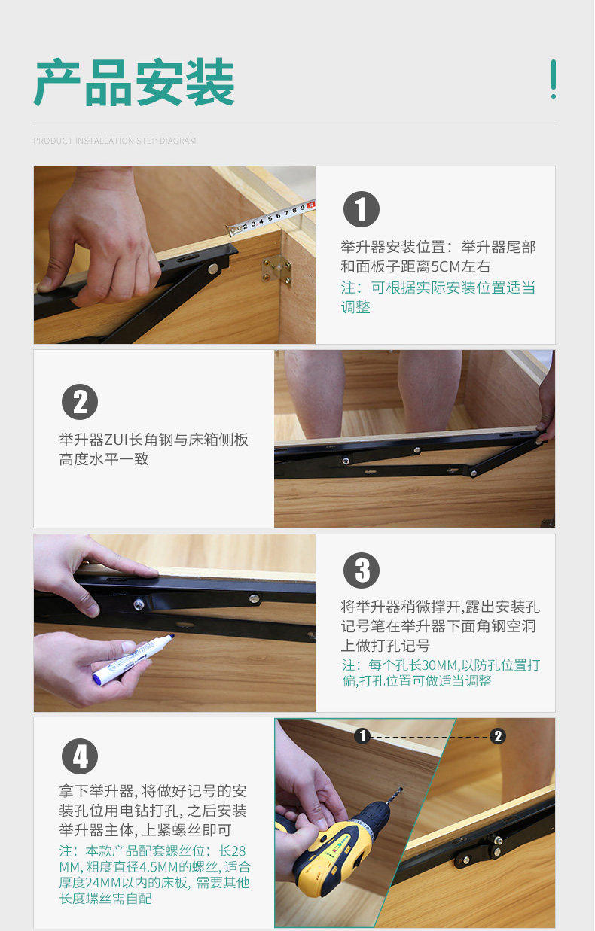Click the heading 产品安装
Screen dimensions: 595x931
[x=134, y=82]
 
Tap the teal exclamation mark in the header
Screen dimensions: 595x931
[x=554, y=79]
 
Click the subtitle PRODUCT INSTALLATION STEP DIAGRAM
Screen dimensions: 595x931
[x=114, y=141]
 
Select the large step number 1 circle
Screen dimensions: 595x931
[x=361, y=209]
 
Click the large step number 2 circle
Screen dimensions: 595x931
[x=80, y=402]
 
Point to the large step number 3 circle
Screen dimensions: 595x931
[x=361, y=570]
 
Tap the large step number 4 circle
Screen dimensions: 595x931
[x=80, y=756]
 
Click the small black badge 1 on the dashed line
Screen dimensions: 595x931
[x=362, y=735]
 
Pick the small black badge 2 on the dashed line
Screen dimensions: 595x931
[x=497, y=736]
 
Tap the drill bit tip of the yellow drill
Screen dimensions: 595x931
[x=401, y=788]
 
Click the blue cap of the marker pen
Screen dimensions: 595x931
[x=169, y=638]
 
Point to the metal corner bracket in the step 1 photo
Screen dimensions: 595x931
[x=276, y=269]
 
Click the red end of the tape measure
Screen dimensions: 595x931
[x=311, y=205]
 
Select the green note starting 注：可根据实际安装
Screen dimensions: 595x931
[x=438, y=297]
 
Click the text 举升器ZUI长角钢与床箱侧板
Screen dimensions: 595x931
[x=154, y=440]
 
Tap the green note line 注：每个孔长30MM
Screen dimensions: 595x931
[x=441, y=665]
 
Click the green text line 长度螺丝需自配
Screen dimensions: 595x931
[x=105, y=899]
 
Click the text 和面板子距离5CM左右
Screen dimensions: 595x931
[x=416, y=267]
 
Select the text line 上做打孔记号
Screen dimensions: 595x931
[x=385, y=646]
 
